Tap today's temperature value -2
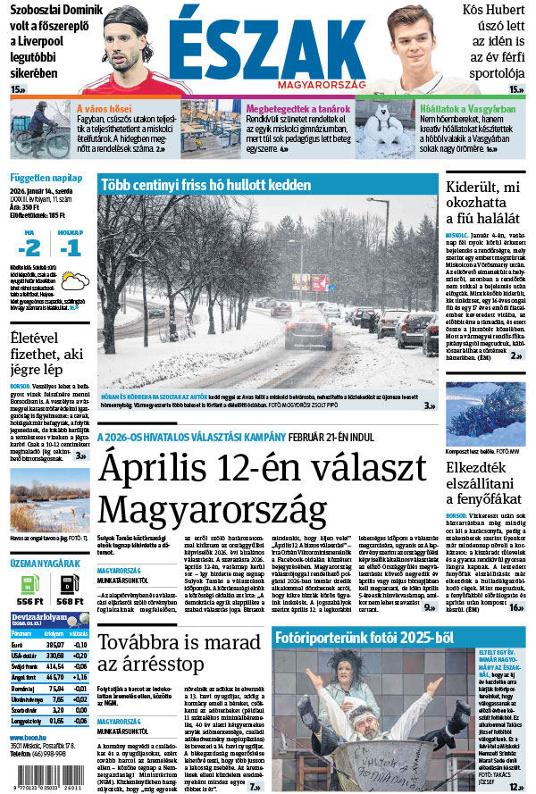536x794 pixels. [x=31, y=246]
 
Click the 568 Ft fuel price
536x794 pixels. [x=70, y=603]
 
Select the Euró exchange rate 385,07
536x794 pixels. [x=54, y=644]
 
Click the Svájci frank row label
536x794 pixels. [x=21, y=667]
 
